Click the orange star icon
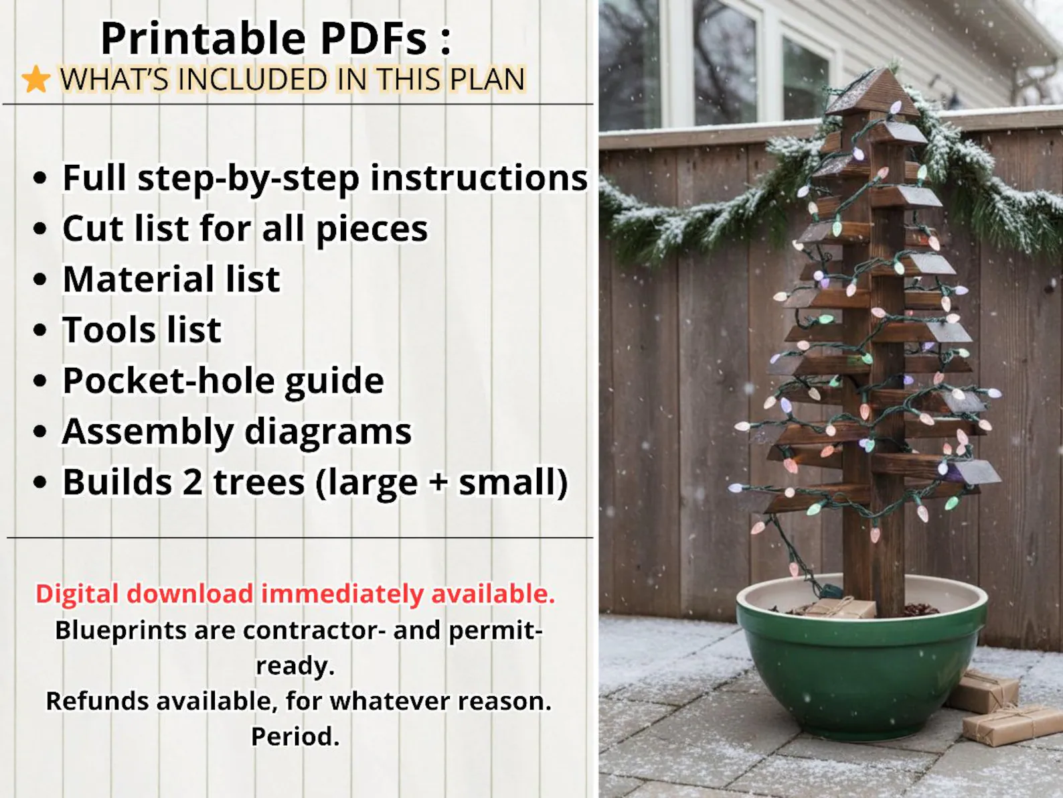(x=36, y=80)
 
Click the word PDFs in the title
(x=374, y=38)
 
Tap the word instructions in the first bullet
(x=479, y=178)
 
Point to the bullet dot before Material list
(x=41, y=279)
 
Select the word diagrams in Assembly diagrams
(x=328, y=432)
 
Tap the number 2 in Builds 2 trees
(x=193, y=482)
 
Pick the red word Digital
(x=78, y=594)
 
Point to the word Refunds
(x=97, y=701)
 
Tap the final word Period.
(x=295, y=736)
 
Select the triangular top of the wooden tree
(x=872, y=92)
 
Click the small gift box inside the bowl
(x=840, y=608)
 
